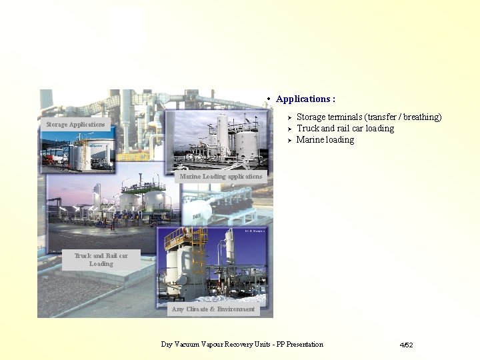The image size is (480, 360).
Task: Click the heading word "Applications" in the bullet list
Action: tap(303, 99)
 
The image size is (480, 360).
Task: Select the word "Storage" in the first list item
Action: tap(311, 117)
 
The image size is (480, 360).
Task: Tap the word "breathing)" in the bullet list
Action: tap(420, 117)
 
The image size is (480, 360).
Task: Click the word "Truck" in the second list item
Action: tap(307, 129)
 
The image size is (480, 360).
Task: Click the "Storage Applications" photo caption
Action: tap(75, 125)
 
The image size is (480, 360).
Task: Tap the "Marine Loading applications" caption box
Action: tap(221, 177)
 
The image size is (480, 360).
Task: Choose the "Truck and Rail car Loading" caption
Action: tap(101, 259)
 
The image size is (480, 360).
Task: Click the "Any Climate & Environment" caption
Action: tap(213, 309)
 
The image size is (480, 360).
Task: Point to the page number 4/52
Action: tap(406, 345)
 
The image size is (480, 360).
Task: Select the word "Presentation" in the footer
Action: tap(300, 345)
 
